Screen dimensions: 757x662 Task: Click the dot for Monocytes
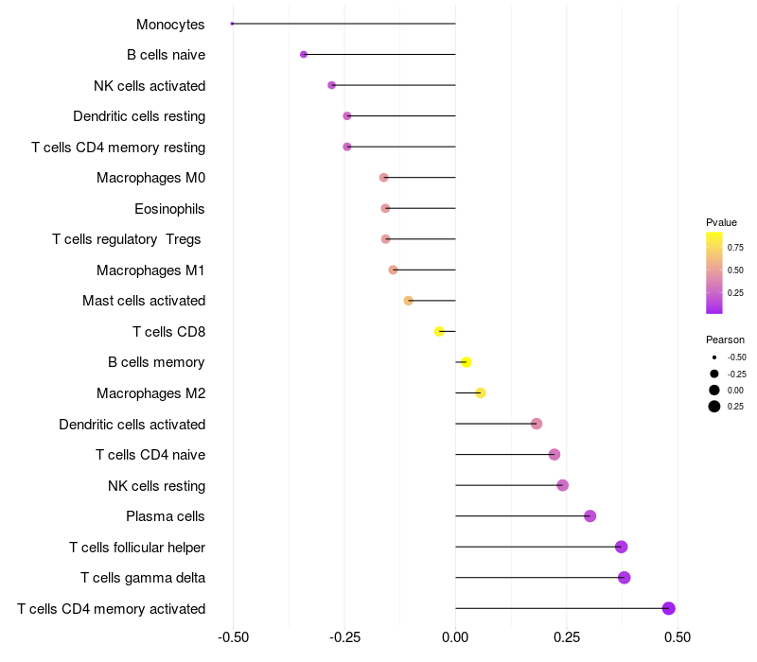click(x=232, y=24)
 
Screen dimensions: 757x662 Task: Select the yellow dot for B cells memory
click(x=466, y=362)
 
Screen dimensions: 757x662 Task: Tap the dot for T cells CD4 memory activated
click(x=669, y=608)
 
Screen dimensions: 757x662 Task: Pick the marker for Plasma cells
click(x=590, y=516)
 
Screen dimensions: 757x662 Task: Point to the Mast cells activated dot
click(x=409, y=301)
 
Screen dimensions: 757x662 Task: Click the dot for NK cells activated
click(x=332, y=85)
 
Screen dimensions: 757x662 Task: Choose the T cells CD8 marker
click(x=439, y=332)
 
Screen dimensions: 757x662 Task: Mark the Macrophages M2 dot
click(x=481, y=392)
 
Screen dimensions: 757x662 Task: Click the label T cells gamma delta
click(x=143, y=578)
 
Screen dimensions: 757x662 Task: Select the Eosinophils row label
click(x=169, y=209)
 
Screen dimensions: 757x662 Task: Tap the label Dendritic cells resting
click(x=139, y=116)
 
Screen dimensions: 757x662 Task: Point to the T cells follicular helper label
click(x=137, y=548)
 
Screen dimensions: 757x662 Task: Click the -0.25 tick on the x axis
click(x=344, y=637)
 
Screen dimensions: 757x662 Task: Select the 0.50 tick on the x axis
click(x=678, y=637)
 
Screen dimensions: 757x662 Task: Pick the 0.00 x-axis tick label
click(x=455, y=637)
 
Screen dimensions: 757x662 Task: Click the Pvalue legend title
click(x=721, y=222)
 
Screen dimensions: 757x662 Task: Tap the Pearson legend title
click(x=725, y=340)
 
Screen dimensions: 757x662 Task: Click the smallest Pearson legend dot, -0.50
click(x=714, y=357)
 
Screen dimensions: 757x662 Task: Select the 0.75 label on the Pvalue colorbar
click(x=735, y=248)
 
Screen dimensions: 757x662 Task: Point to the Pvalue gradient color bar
click(x=714, y=272)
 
